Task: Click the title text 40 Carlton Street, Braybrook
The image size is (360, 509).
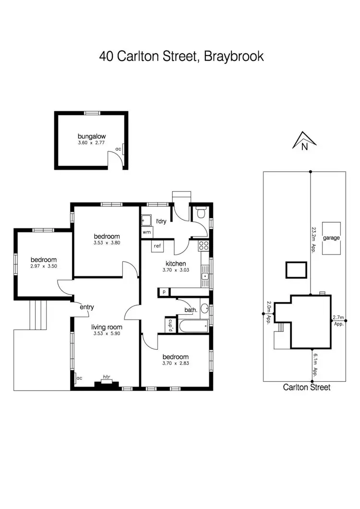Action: [x=181, y=56]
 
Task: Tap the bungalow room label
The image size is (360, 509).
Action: [x=92, y=136]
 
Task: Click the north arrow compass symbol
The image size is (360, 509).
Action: [x=304, y=140]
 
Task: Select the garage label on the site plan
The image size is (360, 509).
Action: [x=332, y=238]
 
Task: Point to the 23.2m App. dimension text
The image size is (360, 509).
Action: [x=313, y=240]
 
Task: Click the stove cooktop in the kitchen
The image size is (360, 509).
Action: [x=204, y=247]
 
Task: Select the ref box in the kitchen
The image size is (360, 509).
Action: [x=157, y=246]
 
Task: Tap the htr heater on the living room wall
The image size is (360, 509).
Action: [x=106, y=381]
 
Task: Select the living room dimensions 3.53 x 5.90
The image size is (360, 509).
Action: [x=106, y=334]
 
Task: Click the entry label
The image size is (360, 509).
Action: [x=87, y=307]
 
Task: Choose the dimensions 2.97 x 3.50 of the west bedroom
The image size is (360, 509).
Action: [x=43, y=266]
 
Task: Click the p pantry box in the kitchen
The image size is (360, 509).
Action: [x=164, y=291]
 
